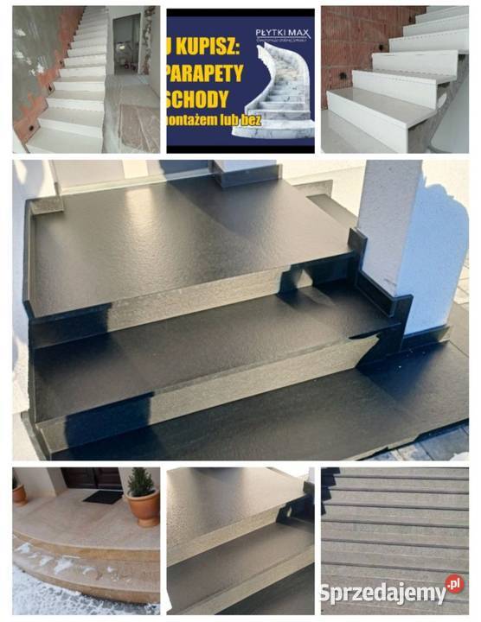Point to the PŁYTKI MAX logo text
point(283,35)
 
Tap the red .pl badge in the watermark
point(454,585)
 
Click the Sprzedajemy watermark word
point(382,593)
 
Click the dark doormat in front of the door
point(103,497)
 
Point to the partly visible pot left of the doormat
point(18,494)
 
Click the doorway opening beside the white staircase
point(127,43)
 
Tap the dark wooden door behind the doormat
point(91,478)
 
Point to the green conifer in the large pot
point(141,482)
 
